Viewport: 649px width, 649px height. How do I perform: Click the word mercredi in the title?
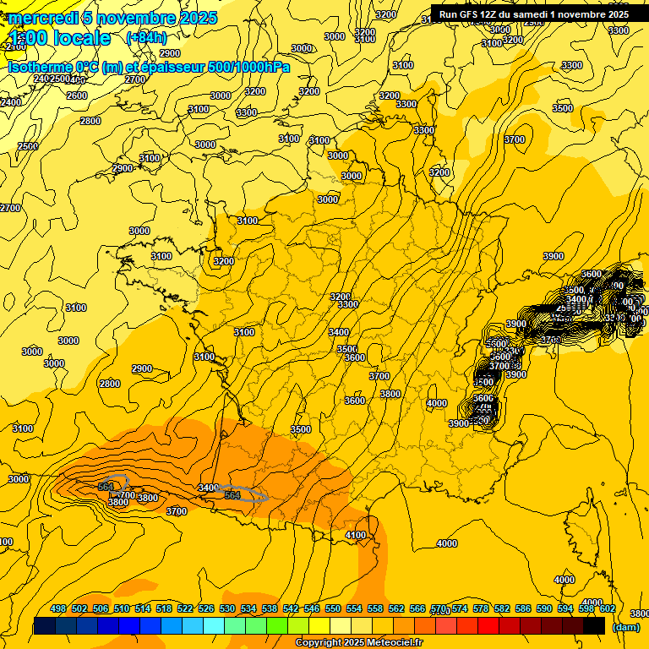pos(43,18)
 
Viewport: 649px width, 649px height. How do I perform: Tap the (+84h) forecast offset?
pos(146,37)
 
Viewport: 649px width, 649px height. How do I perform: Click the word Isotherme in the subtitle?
pos(40,67)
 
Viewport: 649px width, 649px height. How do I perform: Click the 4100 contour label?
pos(356,535)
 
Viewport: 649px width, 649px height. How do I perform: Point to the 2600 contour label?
pos(76,95)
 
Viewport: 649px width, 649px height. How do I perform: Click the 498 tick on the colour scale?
pos(58,608)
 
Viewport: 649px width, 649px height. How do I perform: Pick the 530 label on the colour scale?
pos(227,608)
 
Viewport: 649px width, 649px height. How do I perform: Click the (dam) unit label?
pos(625,627)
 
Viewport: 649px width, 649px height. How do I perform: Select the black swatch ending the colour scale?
pos(594,626)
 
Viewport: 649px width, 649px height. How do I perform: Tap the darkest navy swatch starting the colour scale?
pos(45,626)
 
